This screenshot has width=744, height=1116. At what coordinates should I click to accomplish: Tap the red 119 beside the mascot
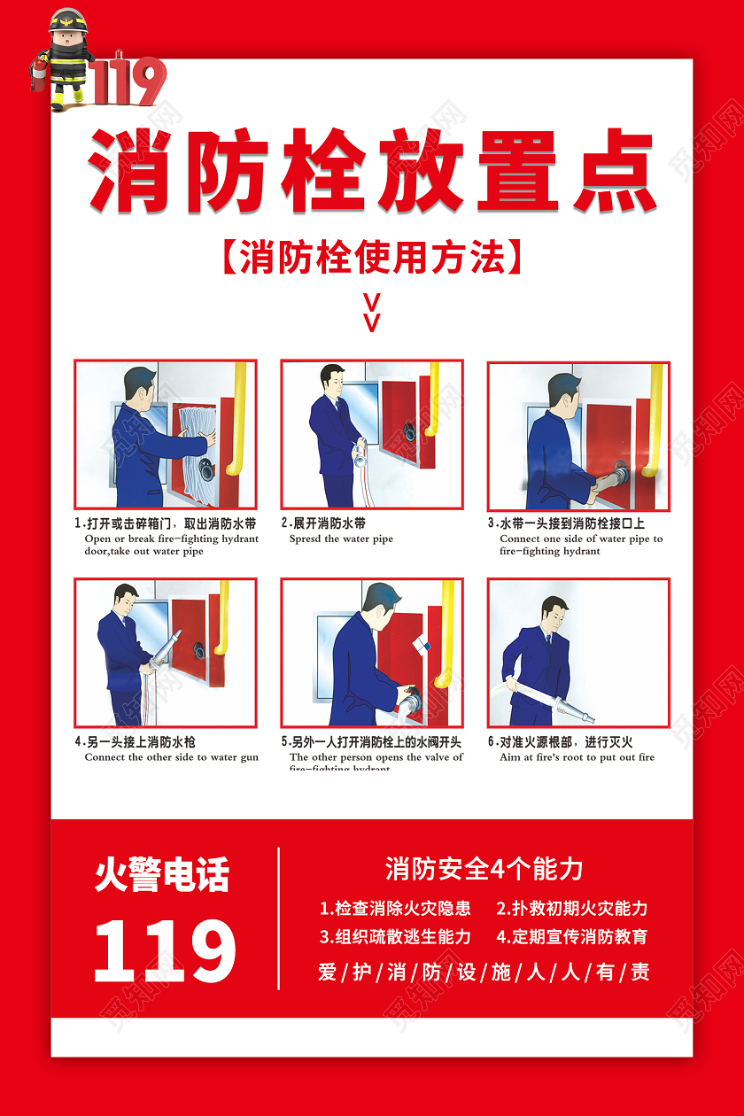point(128,82)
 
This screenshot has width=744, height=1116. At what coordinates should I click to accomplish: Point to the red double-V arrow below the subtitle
point(372,311)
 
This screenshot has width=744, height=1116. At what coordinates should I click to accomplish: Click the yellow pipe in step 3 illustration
point(655,416)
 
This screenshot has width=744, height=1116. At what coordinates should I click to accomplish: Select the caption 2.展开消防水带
point(324,523)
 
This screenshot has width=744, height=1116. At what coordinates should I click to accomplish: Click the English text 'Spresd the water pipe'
point(341,539)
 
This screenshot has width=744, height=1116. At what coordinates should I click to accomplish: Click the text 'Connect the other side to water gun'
point(172,757)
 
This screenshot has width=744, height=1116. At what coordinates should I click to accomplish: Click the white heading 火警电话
point(162,876)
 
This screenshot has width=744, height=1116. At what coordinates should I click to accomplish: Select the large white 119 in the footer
point(165,950)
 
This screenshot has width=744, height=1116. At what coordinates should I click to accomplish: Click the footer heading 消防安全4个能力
point(484,869)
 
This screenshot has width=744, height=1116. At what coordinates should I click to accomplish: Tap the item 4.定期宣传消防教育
point(571,936)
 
